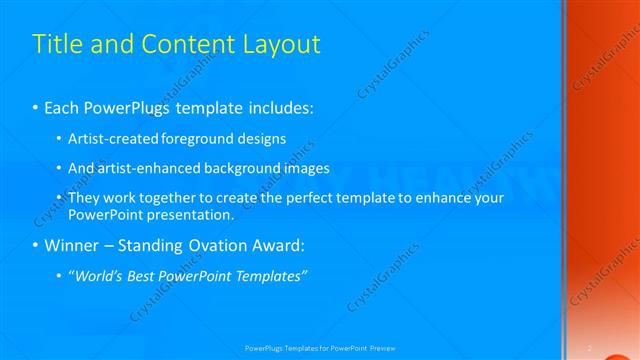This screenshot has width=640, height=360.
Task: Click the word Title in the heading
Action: click(58, 45)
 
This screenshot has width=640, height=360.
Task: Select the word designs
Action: click(261, 138)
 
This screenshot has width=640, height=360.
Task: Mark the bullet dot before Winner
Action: click(36, 246)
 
